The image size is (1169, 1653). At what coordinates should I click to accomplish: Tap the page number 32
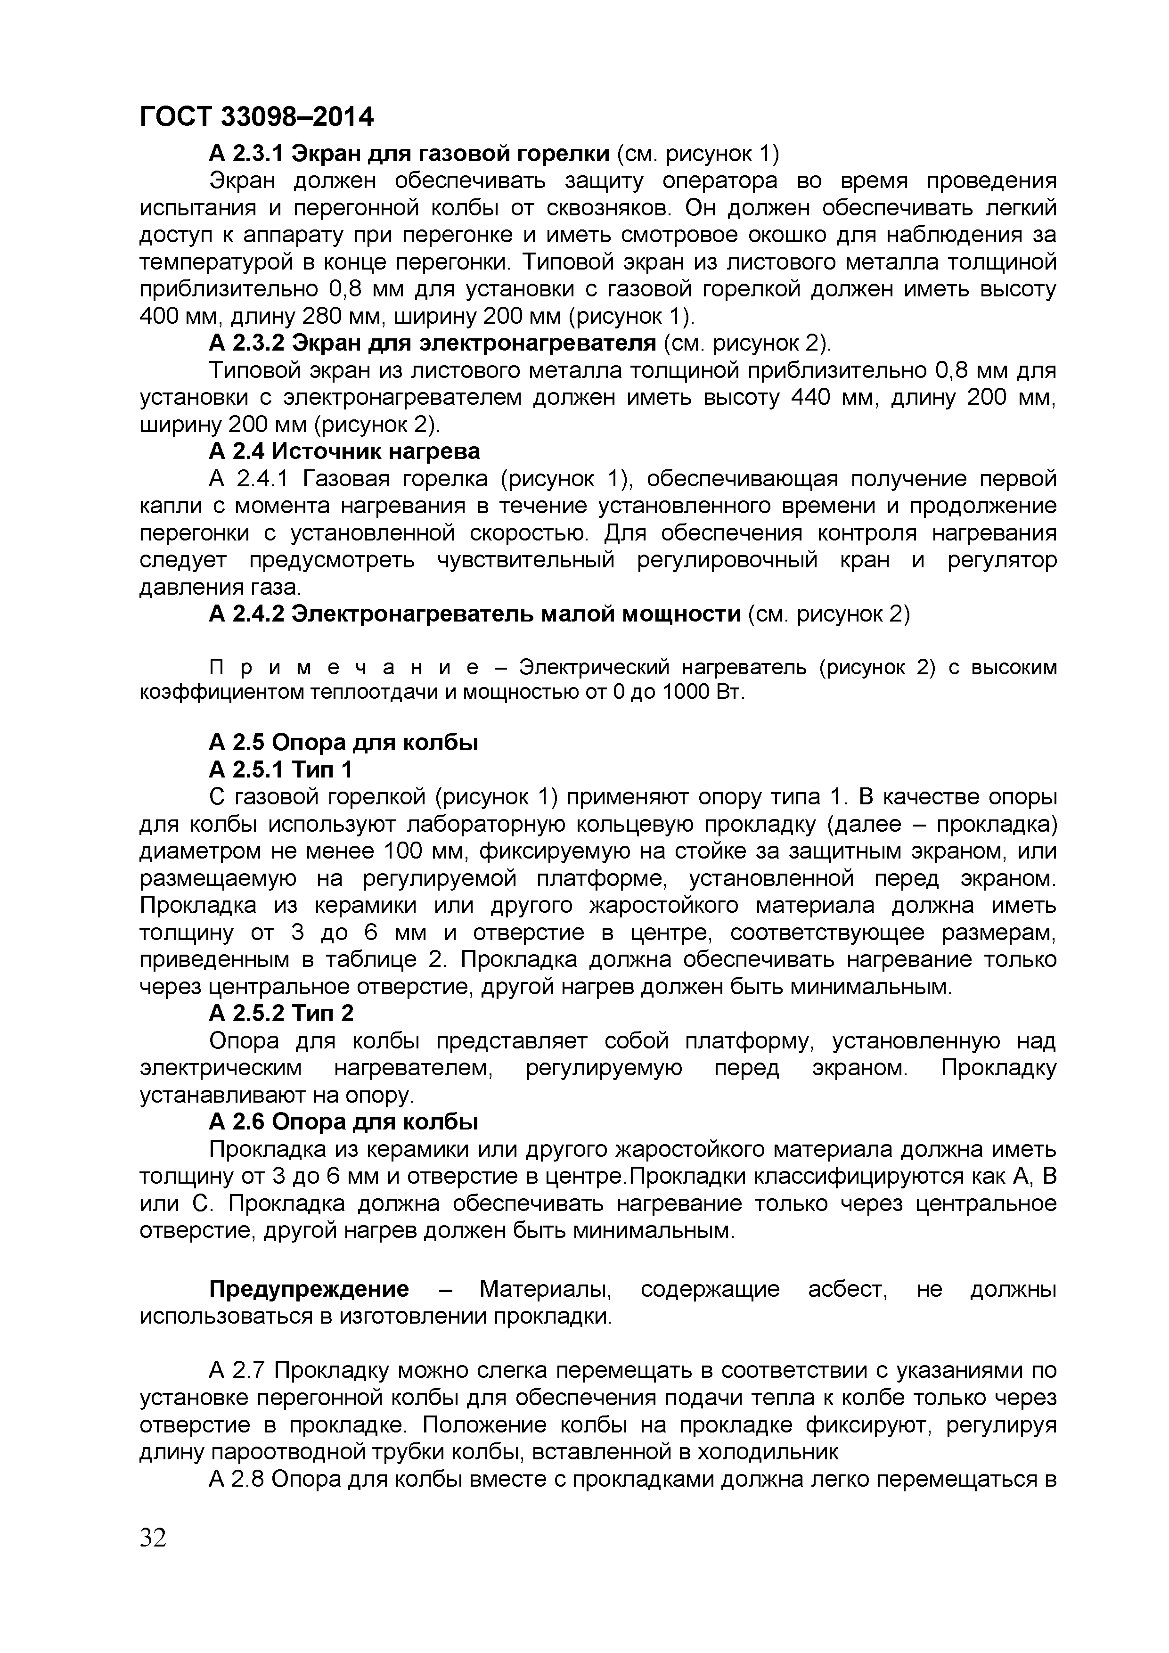(153, 1538)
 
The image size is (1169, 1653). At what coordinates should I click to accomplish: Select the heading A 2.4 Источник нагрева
(344, 451)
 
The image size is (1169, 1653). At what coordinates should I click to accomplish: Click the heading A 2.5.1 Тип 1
(281, 769)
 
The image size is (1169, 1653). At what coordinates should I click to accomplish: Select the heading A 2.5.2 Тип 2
(281, 1013)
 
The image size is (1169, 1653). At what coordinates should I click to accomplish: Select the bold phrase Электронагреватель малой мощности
(516, 614)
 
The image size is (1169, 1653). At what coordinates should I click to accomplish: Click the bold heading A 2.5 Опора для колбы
(344, 742)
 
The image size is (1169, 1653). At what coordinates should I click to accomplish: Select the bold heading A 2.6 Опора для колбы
(344, 1121)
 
